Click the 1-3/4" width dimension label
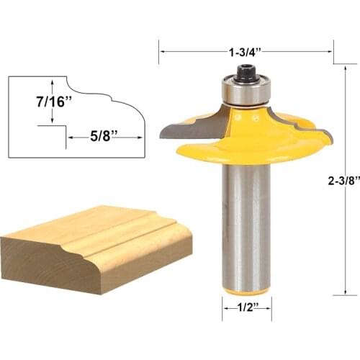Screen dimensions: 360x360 click(246, 52)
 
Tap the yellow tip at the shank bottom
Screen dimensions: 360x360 click(245, 291)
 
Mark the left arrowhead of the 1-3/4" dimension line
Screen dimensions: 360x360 click(162, 52)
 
